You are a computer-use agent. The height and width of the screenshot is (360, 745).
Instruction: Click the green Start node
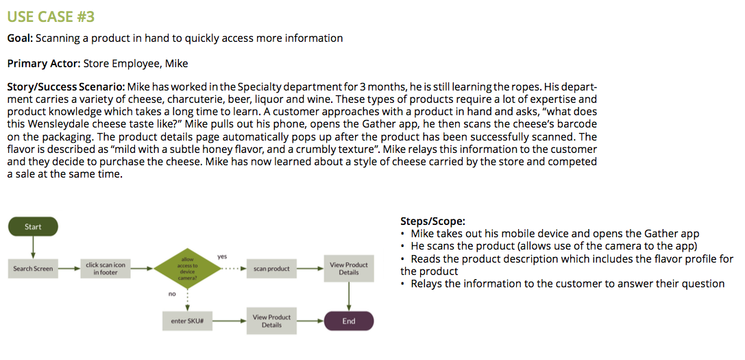[33, 227]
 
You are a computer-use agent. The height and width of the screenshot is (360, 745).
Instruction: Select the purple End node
[349, 321]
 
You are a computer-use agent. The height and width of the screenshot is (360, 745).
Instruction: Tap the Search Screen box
[33, 269]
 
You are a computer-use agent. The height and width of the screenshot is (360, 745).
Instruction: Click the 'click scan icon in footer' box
[106, 269]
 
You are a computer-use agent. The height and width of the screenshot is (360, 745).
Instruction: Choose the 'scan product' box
[271, 269]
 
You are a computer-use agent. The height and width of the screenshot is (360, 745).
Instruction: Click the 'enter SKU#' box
[187, 321]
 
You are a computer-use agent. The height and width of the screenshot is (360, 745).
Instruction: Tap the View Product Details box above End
[349, 268]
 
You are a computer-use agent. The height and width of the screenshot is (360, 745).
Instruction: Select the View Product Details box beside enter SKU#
[271, 321]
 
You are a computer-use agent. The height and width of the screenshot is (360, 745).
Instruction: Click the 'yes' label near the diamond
[222, 256]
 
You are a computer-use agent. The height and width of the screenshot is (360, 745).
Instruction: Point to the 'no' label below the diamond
[171, 294]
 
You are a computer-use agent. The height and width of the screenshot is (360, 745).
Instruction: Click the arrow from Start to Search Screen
[33, 247]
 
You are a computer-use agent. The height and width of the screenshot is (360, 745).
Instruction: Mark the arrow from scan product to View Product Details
[310, 269]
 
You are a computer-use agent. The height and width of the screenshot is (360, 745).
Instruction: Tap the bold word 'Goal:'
[21, 38]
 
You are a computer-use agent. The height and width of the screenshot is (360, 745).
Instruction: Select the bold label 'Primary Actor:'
[44, 64]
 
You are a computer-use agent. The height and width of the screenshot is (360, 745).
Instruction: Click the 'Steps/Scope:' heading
[432, 221]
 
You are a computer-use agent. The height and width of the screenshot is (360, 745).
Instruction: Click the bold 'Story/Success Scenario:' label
[66, 87]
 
